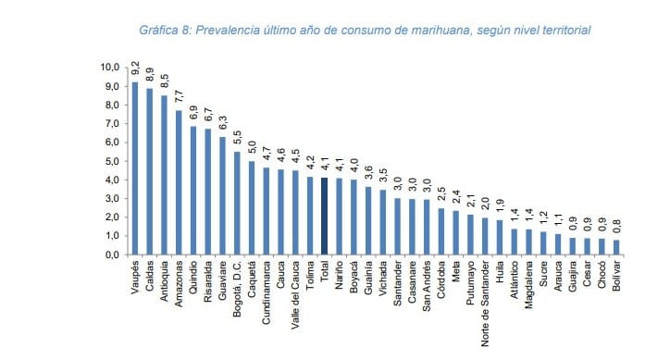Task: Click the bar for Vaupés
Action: [x=135, y=168]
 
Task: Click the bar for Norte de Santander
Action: [x=484, y=236]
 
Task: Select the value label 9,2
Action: [x=135, y=68]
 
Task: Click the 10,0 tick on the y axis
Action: [x=109, y=68]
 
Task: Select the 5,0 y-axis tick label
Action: [x=111, y=161]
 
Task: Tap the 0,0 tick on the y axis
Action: [x=111, y=254]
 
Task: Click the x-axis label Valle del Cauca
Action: [x=295, y=292]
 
